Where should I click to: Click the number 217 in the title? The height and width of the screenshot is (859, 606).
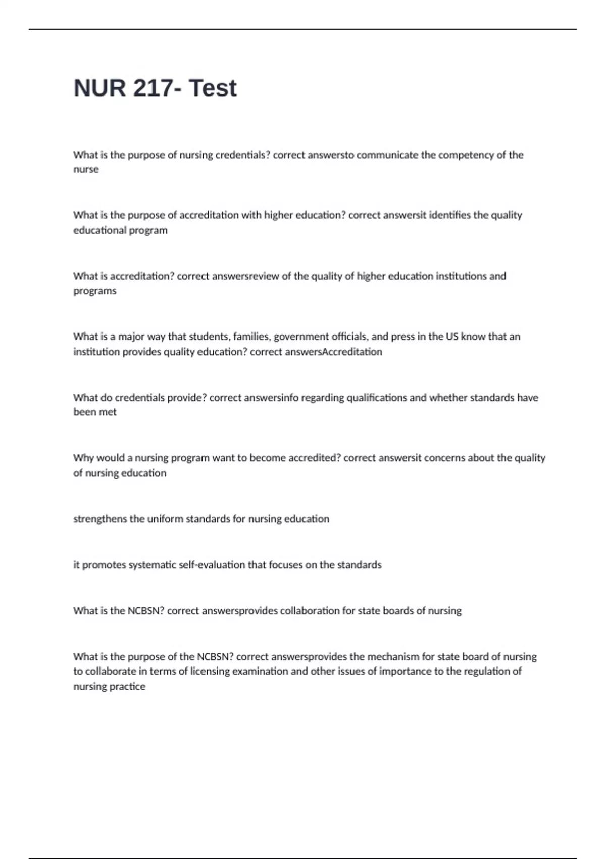pyautogui.click(x=153, y=88)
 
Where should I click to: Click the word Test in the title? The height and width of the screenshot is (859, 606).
pyautogui.click(x=213, y=88)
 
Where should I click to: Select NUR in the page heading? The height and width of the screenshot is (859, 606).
pyautogui.click(x=99, y=88)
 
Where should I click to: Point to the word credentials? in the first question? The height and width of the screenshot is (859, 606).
pyautogui.click(x=243, y=155)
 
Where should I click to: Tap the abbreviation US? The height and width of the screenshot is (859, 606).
pyautogui.click(x=452, y=337)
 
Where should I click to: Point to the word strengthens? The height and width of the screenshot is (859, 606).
pyautogui.click(x=100, y=519)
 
